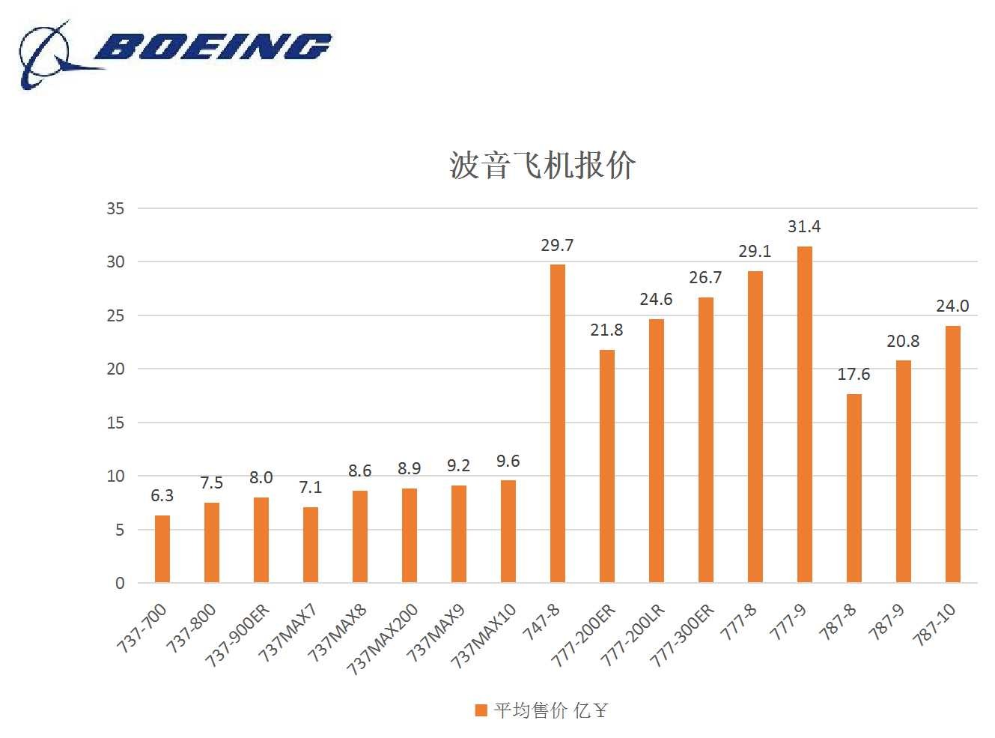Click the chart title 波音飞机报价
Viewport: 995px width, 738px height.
[542, 165]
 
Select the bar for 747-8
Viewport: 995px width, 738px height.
[558, 423]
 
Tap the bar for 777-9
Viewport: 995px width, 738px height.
[805, 414]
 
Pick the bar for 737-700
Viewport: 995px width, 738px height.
[162, 548]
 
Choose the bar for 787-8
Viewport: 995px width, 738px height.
[854, 488]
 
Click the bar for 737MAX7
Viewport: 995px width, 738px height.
[311, 545]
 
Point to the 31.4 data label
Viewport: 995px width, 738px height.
[804, 226]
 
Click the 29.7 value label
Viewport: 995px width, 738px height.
[557, 245]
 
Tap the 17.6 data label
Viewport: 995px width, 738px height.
[853, 374]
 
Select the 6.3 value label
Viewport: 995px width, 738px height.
[162, 495]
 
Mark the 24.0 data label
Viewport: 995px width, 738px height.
[952, 306]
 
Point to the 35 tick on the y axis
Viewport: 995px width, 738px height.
[115, 208]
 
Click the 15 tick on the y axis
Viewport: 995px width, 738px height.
[115, 423]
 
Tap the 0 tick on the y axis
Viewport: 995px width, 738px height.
[120, 583]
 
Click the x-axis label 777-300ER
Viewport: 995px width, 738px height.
[683, 635]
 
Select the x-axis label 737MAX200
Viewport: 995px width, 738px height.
[383, 638]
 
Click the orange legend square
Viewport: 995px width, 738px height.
[481, 710]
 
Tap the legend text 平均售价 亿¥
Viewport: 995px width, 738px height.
[550, 710]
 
